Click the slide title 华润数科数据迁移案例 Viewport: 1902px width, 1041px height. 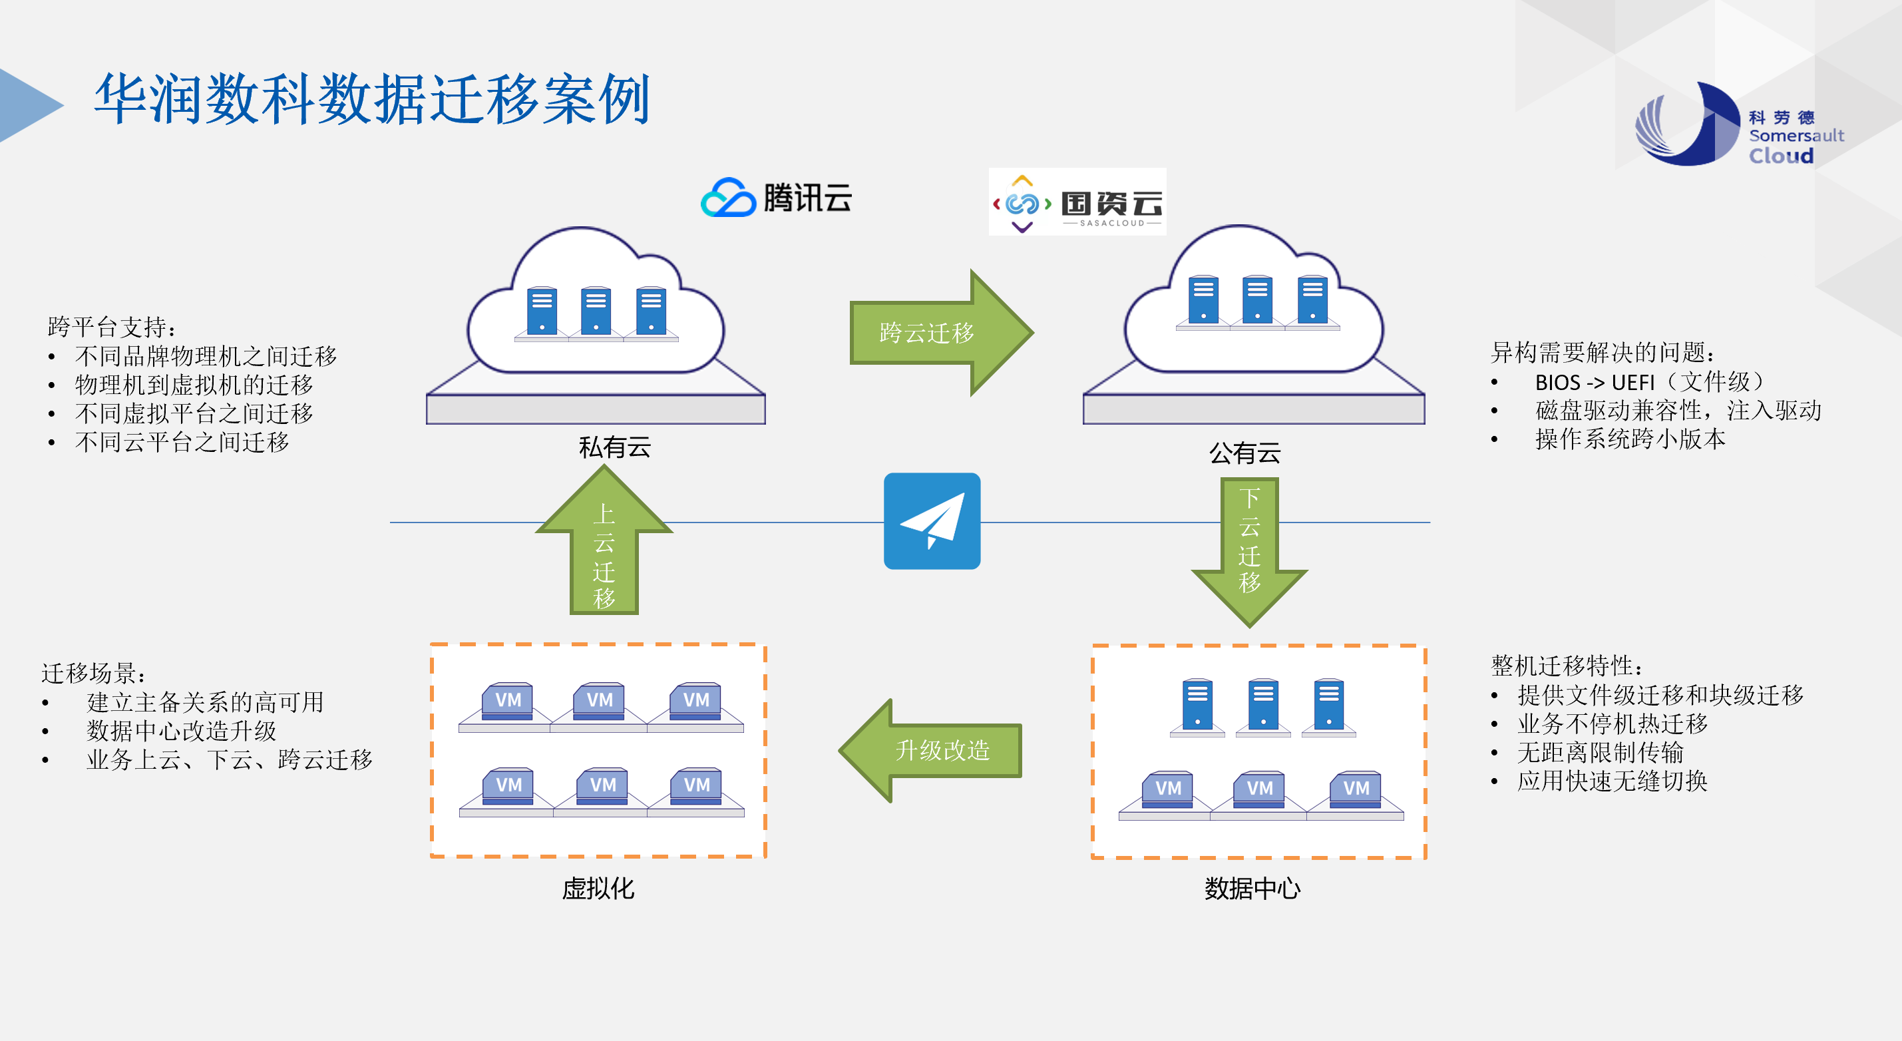pos(371,100)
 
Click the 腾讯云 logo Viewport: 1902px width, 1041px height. pos(776,197)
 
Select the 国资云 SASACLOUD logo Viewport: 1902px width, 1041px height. pos(1077,202)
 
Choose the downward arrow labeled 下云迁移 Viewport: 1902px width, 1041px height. pos(1249,546)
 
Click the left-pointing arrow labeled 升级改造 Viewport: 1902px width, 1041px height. pos(934,751)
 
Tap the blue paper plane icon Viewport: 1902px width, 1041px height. pos(932,521)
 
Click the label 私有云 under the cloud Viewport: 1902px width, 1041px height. pos(614,447)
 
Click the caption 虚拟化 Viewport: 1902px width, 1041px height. pos(598,888)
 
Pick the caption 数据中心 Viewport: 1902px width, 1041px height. pos(1252,888)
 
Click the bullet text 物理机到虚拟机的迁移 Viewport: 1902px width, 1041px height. pos(194,385)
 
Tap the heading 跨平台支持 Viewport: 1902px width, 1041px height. pos(110,326)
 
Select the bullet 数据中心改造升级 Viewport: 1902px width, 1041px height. pos(181,731)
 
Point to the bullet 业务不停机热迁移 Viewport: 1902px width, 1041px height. pos(1613,724)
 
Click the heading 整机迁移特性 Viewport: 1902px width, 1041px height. pos(1566,666)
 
